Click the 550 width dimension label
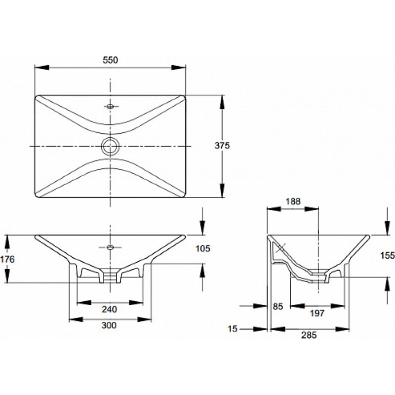pos(110,60)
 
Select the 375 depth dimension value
pos(222,145)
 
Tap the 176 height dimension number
pos(7,259)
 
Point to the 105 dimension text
pos(203,249)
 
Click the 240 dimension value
pos(109,309)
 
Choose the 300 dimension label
pos(109,325)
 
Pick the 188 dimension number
pos(293,201)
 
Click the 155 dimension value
pos(388,255)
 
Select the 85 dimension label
pos(278,306)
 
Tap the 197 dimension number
pos(317,313)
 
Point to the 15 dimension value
pos(233,329)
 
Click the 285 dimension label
pos(309,335)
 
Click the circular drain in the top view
pos(110,146)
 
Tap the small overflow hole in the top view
pos(110,107)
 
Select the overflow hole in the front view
pos(110,247)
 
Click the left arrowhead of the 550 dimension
pos(41,68)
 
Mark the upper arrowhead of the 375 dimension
pos(222,102)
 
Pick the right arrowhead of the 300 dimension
pos(144,319)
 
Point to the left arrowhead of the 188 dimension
pos(274,209)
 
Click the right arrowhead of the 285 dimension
pos(342,329)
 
